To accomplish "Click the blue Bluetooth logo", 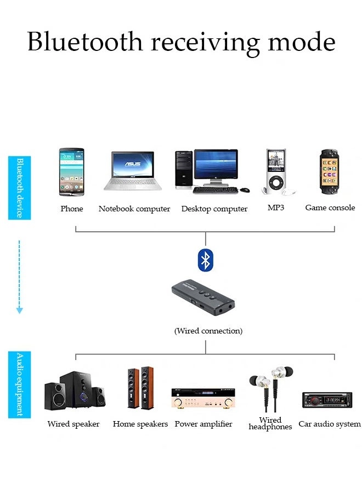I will click(x=205, y=260).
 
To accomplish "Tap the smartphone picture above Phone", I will click(x=71, y=171).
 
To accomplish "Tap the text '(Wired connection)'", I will click(x=208, y=331).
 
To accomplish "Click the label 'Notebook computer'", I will click(x=134, y=209).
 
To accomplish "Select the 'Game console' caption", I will click(x=330, y=208).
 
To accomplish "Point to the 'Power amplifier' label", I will click(x=203, y=424).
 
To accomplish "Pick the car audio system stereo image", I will click(x=326, y=400).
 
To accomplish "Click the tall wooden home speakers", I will click(x=140, y=389).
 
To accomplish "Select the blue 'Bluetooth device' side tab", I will click(x=19, y=188).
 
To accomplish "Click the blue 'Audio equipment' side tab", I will click(x=19, y=384).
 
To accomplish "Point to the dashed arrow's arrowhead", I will click(x=19, y=310).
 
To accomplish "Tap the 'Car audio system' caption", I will click(x=329, y=424).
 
